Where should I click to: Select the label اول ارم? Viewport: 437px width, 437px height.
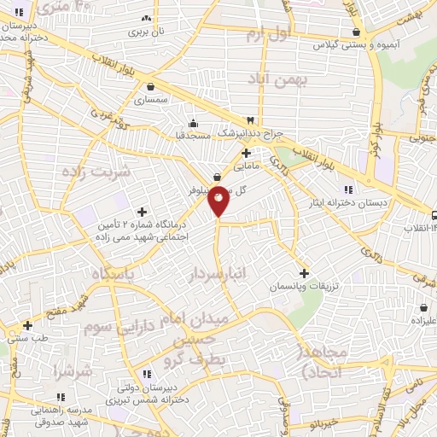[268, 34]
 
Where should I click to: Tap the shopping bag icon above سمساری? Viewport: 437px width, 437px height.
[151, 86]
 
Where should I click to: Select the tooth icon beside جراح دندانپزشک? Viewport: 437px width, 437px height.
[250, 120]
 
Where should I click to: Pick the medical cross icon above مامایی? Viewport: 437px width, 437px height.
[247, 154]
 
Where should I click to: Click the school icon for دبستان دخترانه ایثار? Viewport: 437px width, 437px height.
[347, 189]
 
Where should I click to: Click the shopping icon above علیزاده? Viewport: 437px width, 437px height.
[424, 307]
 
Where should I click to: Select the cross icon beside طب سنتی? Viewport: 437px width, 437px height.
[28, 324]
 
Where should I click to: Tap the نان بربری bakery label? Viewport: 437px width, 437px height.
[147, 31]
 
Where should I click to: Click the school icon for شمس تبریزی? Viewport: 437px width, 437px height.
[148, 374]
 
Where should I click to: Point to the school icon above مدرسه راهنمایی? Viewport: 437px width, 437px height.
[60, 397]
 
